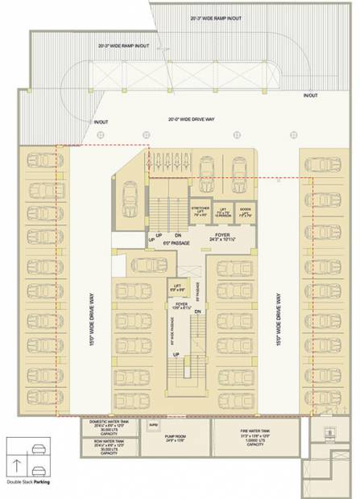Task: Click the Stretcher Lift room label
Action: tap(201, 212)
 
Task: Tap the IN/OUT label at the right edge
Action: tap(310, 96)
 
